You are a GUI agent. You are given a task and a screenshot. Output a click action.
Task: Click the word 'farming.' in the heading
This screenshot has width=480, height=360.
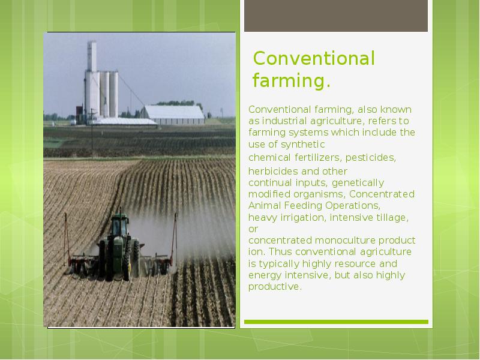coord(291,80)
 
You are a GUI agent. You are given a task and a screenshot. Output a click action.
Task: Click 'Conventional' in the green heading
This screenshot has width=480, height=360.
coord(314,59)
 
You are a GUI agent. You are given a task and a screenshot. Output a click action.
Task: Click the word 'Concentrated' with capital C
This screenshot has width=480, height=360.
coord(382,194)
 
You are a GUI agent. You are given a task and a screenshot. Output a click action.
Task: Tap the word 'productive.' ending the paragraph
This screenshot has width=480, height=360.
coord(274,287)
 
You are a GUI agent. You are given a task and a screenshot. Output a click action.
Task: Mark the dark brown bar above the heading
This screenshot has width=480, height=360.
coord(336,16)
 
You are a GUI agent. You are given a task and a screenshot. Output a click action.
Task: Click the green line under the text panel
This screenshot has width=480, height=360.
coord(336,322)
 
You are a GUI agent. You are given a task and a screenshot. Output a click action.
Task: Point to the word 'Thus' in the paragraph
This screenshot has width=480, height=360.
coord(282,251)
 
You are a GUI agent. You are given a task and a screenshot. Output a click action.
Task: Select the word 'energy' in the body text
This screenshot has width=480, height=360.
coord(265,275)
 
